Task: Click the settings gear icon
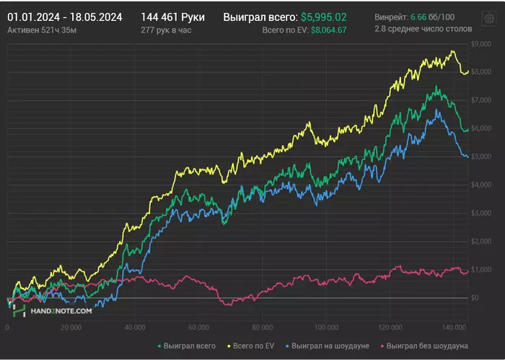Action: [489, 18]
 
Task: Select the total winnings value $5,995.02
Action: [324, 17]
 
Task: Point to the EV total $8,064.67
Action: [329, 30]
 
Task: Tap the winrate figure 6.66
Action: [418, 17]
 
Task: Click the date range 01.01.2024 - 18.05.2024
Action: [65, 17]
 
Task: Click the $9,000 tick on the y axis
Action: [481, 44]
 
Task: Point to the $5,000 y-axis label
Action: [481, 157]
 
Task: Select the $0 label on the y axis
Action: [475, 298]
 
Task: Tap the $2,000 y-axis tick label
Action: [481, 241]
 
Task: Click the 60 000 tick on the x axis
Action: [198, 328]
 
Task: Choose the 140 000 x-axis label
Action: [454, 328]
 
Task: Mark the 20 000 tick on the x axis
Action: [71, 328]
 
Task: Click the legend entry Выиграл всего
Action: [186, 346]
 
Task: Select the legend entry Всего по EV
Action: [250, 346]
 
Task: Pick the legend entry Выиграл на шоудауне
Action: [328, 346]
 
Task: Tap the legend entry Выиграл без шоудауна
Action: [424, 346]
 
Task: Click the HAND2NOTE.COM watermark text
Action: [61, 311]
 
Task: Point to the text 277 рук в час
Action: [166, 30]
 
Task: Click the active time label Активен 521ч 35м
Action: [42, 30]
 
